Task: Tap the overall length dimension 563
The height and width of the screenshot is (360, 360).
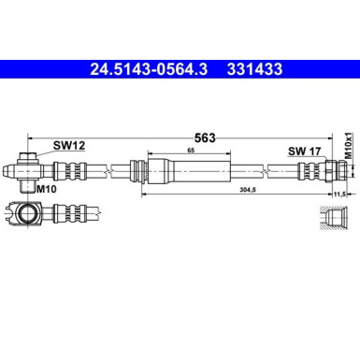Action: (205, 137)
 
